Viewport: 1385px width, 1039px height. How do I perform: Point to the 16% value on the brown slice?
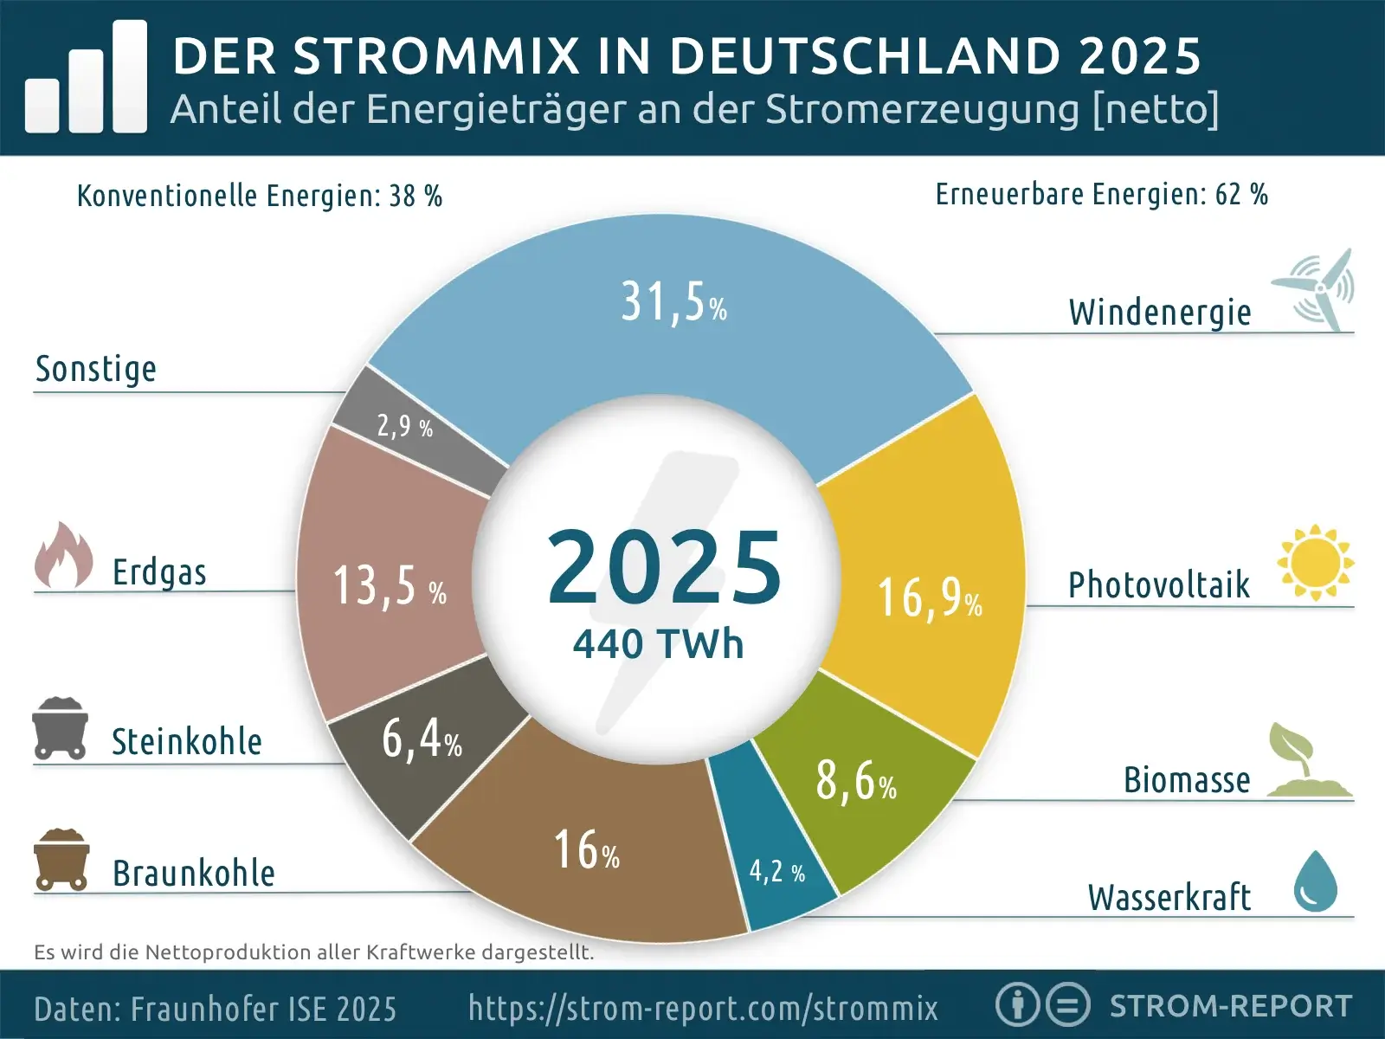pyautogui.click(x=587, y=850)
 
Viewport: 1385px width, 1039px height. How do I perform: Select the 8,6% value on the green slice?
pyautogui.click(x=855, y=780)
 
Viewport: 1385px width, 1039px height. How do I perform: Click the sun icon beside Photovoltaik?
pyautogui.click(x=1315, y=562)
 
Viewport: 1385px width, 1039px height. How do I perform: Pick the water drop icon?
pyautogui.click(x=1315, y=881)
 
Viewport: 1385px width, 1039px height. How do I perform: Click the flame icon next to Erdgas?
pyautogui.click(x=64, y=556)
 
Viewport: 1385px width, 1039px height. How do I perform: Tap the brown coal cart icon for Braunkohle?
pyautogui.click(x=61, y=860)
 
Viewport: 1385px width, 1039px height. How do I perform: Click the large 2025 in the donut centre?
pyautogui.click(x=664, y=568)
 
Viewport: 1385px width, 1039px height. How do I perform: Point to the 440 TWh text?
pyautogui.click(x=658, y=644)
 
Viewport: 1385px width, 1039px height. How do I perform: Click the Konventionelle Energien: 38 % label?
pyautogui.click(x=259, y=197)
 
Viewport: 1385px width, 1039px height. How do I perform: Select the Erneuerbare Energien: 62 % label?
pyautogui.click(x=1101, y=195)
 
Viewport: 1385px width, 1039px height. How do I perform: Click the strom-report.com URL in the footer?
pyautogui.click(x=703, y=1008)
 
